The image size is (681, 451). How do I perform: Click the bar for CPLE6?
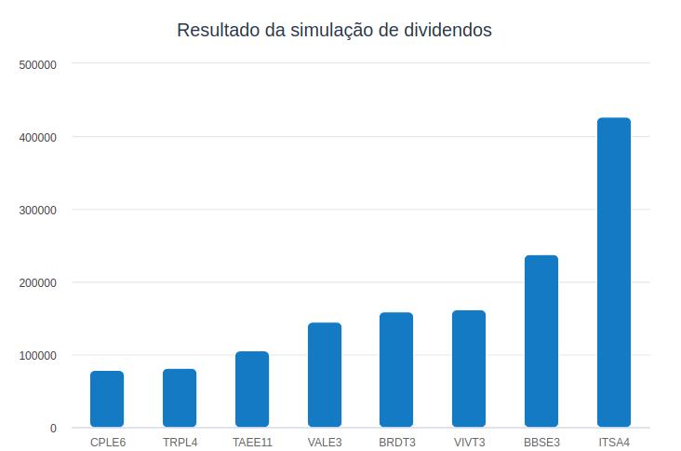tap(107, 399)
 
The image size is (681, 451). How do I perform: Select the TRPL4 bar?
tap(180, 398)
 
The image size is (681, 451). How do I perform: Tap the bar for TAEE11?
tap(252, 389)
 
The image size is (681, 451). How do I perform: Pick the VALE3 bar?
tap(325, 375)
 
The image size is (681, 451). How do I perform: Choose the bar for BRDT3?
tap(396, 370)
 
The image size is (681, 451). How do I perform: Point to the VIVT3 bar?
tap(469, 369)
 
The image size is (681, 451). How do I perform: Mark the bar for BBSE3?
tap(541, 341)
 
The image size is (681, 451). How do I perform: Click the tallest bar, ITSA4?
tap(614, 272)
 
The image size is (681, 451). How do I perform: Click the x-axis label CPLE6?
tap(108, 442)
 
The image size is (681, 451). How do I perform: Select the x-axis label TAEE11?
tap(252, 442)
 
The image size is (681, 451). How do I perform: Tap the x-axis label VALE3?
tap(325, 442)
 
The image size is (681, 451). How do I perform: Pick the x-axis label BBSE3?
tap(541, 442)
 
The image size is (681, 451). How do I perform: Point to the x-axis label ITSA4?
tap(614, 442)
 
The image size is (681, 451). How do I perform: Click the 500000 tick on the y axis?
tap(38, 65)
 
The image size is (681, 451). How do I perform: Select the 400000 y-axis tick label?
tap(38, 138)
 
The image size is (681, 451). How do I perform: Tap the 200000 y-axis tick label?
tap(38, 283)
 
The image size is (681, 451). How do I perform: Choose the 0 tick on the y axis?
tap(53, 429)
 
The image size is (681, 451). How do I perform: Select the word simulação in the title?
tap(331, 31)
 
